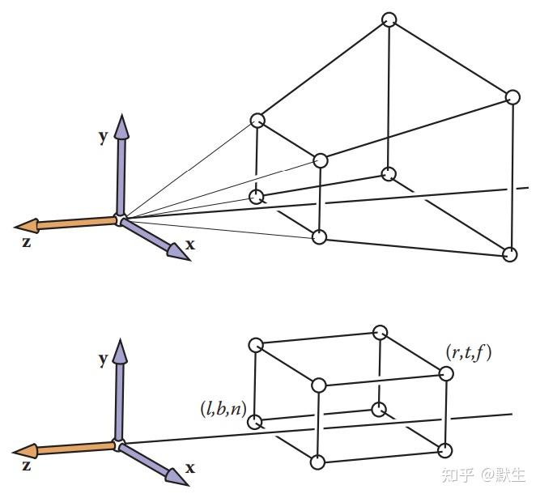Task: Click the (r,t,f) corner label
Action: point(469,353)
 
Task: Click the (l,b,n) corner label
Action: point(223,409)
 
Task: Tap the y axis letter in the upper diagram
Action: point(103,137)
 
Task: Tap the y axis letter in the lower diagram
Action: point(103,360)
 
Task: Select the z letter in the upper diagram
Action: point(27,242)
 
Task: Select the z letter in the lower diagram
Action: point(27,466)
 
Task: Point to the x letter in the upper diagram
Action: point(190,245)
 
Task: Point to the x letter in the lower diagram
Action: point(190,468)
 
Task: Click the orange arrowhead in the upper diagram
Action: point(27,226)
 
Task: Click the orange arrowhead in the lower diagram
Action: point(25,450)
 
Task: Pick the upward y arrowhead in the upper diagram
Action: point(121,127)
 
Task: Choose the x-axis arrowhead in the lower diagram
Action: point(176,476)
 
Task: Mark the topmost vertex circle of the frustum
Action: point(389,19)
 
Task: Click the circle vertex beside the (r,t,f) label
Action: point(446,373)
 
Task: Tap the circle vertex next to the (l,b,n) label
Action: point(255,422)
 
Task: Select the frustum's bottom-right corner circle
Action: point(510,254)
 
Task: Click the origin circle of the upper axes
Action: point(120,219)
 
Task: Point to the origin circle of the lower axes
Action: point(118,445)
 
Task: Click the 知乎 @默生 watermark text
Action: point(483,475)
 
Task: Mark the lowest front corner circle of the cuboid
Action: point(317,462)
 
